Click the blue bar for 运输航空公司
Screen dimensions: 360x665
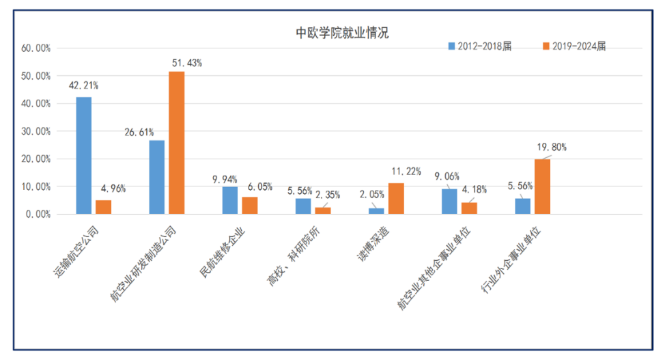pos(84,156)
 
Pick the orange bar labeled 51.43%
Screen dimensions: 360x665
pos(177,143)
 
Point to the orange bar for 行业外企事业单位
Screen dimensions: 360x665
pos(542,186)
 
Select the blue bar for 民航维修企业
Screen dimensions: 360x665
pos(230,200)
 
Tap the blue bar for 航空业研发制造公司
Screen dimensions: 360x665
pos(157,177)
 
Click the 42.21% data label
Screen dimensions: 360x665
pos(83,86)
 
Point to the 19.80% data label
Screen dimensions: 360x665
pos(552,148)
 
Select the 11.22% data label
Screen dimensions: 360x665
pos(406,171)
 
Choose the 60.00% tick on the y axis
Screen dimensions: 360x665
pos(37,49)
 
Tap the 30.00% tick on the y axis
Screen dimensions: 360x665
pos(37,131)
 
